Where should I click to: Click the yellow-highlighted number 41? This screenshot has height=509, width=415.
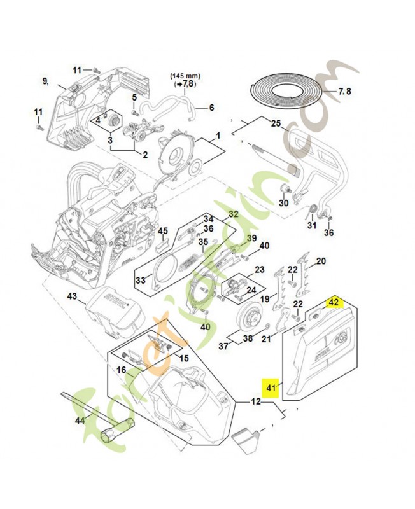tap(272, 387)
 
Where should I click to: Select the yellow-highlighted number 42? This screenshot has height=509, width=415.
tap(334, 302)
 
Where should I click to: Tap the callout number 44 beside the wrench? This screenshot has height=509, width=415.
tap(80, 421)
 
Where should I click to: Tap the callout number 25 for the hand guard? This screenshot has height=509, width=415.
tap(276, 123)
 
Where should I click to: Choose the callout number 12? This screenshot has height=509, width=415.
tap(255, 401)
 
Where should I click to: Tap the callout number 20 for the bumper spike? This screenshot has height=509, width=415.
tap(321, 261)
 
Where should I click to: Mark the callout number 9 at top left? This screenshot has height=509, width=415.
tap(45, 81)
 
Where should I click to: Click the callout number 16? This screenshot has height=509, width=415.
tap(120, 369)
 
